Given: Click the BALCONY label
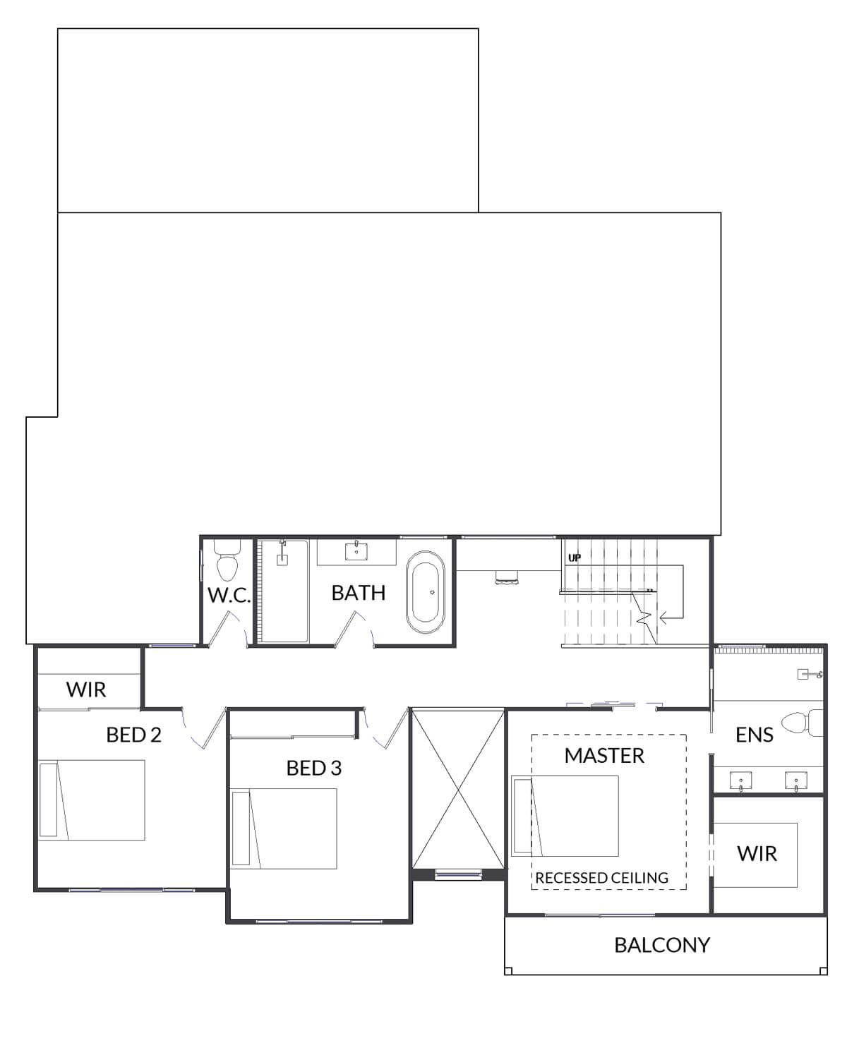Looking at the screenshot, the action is pyautogui.click(x=661, y=945).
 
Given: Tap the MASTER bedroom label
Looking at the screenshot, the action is pyautogui.click(x=604, y=756).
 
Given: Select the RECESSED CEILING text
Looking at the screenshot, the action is pyautogui.click(x=601, y=878).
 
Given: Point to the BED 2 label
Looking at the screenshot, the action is pyautogui.click(x=134, y=735).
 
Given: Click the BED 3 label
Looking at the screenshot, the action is pyautogui.click(x=314, y=768).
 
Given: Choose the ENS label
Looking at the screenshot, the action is pyautogui.click(x=754, y=735).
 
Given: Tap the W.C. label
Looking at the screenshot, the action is pyautogui.click(x=229, y=596).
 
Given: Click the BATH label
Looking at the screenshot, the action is pyautogui.click(x=359, y=593).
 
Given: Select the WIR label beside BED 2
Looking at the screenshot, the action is pyautogui.click(x=86, y=689).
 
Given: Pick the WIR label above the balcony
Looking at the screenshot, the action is pyautogui.click(x=757, y=854).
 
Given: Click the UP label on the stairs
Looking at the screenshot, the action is pyautogui.click(x=575, y=558).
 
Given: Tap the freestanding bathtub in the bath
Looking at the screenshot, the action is pyautogui.click(x=425, y=592).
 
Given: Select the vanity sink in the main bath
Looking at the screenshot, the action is pyautogui.click(x=356, y=551).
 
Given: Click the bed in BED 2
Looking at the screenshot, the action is pyautogui.click(x=92, y=800).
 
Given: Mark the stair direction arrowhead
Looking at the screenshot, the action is pyautogui.click(x=663, y=618).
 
